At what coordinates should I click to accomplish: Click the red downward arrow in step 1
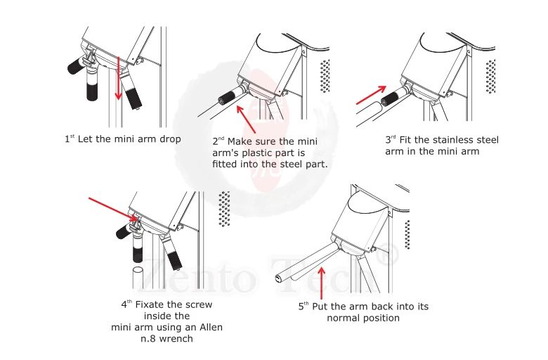pos(119,78)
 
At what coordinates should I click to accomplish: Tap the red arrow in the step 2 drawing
pos(246,120)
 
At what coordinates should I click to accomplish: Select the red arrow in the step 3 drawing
pos(371,95)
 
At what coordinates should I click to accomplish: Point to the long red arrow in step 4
pos(114,210)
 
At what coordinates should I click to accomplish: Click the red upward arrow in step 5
pos(322,283)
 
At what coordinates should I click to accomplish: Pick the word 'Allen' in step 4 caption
pos(211,328)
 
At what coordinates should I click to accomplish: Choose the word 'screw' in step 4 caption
pos(198,304)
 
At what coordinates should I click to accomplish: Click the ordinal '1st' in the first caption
pos(70,139)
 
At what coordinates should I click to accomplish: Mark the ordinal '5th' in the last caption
pos(304,306)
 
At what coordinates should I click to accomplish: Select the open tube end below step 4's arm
pos(137,271)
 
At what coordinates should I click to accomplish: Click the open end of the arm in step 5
pos(279,278)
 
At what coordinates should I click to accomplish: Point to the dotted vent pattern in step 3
pos(490,76)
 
